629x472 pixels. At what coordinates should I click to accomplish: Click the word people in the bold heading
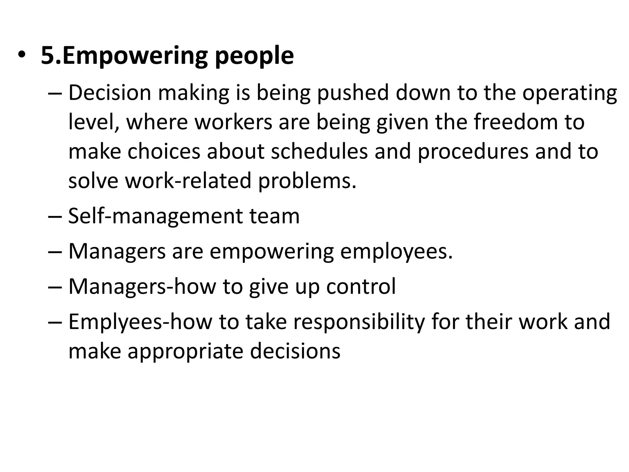coord(254,57)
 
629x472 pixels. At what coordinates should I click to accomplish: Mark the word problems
coord(307,181)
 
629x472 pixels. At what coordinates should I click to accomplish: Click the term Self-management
coord(155,216)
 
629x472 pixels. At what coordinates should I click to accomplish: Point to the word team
coord(274,216)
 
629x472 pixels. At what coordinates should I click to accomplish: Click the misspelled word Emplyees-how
coord(140,322)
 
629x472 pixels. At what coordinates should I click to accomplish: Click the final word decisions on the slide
coord(295,351)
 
